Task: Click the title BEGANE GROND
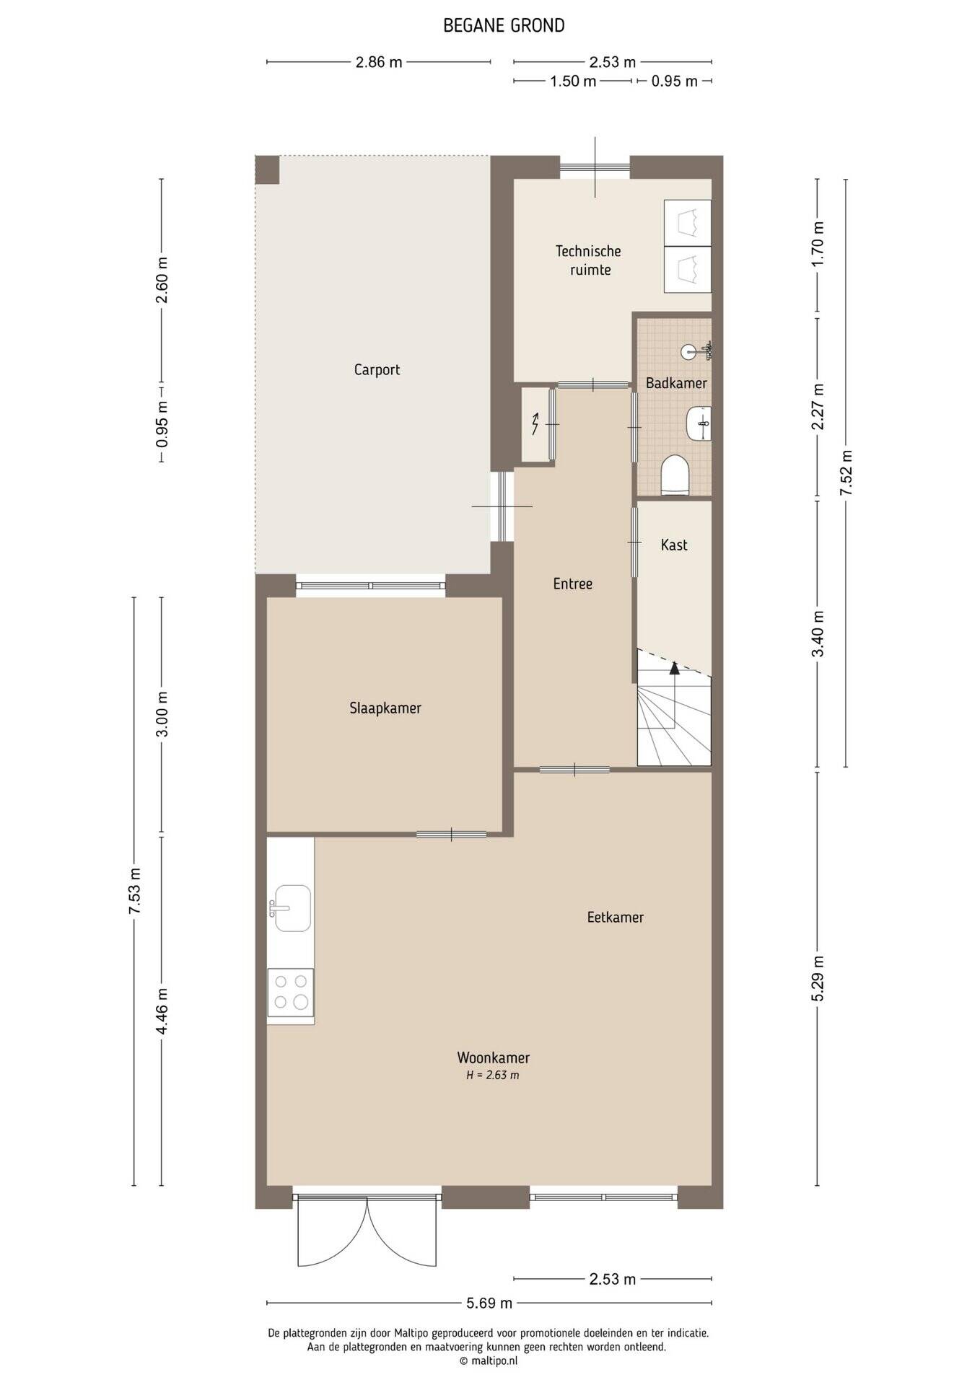coord(504,26)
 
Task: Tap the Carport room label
coord(377,370)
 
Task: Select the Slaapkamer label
coord(385,708)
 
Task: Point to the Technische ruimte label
coord(589,260)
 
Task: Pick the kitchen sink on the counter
coord(291,908)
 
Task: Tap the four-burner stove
coord(291,992)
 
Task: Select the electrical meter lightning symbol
coord(535,424)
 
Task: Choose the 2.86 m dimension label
coord(379,62)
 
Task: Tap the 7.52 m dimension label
coord(846,472)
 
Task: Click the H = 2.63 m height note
coord(493,1076)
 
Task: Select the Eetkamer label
coord(615,918)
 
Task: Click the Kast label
coord(674,545)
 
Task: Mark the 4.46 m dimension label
coord(162,1011)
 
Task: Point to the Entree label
coord(573,584)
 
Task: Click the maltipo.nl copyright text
coord(489,1360)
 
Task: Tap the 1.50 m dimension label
coord(573,82)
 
